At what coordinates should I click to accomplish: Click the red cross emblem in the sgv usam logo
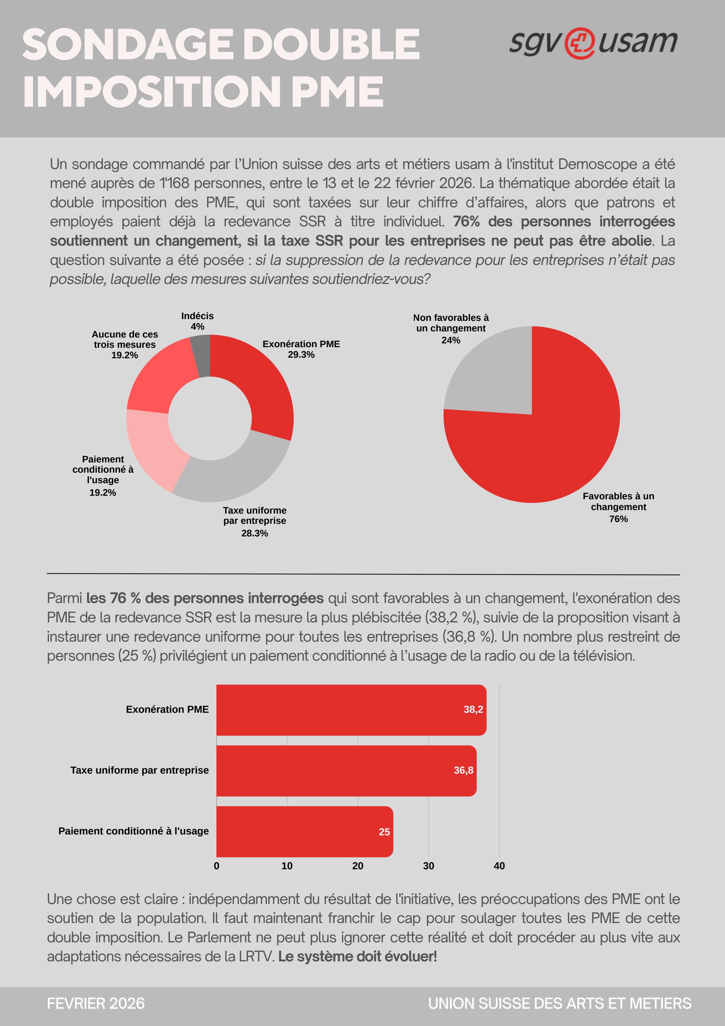coord(579,43)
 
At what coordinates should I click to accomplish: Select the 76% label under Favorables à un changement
coord(618,519)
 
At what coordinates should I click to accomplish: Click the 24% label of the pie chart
coord(450,340)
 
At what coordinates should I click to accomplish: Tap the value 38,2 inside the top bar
coord(473,710)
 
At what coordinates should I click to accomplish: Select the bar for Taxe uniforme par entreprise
coord(346,770)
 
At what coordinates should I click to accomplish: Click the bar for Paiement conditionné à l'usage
coord(304,831)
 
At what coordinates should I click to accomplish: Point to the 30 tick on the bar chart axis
coord(428,865)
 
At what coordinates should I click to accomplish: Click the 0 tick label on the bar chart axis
coord(217,865)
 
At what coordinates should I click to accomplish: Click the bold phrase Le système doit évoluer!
coord(357,956)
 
